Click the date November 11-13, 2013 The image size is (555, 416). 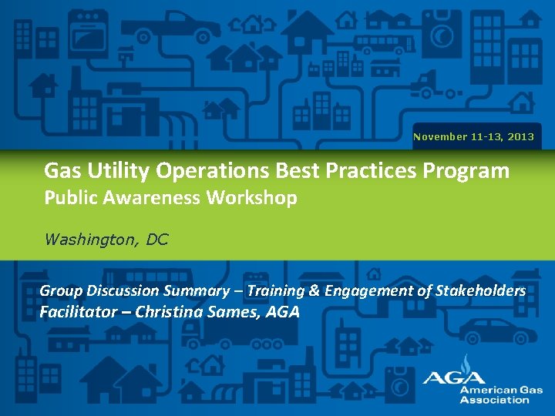coord(473,136)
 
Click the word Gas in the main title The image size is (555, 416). coord(61,169)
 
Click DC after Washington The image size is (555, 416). coord(156,239)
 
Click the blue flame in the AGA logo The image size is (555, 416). coord(464,364)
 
